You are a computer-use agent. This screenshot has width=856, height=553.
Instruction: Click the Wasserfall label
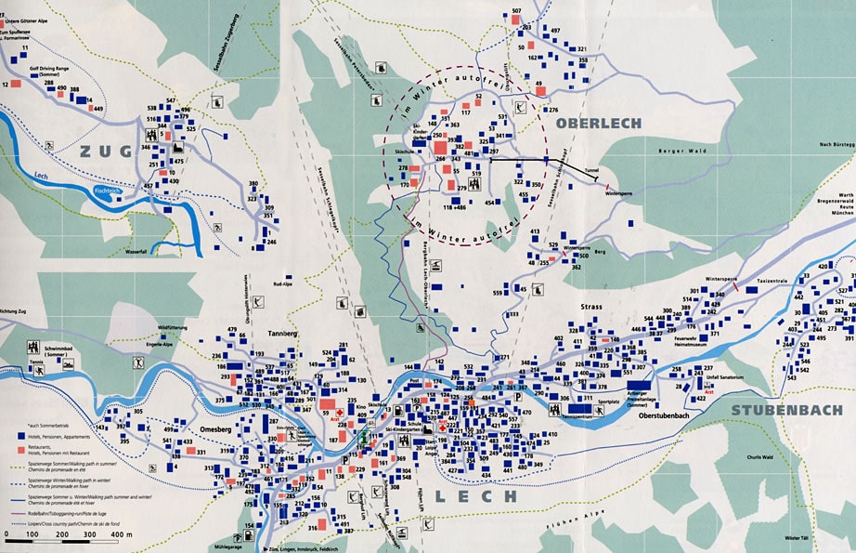(x=135, y=251)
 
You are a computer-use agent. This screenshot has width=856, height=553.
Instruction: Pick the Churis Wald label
(x=759, y=457)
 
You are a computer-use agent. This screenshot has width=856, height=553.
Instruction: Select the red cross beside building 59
(x=341, y=411)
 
